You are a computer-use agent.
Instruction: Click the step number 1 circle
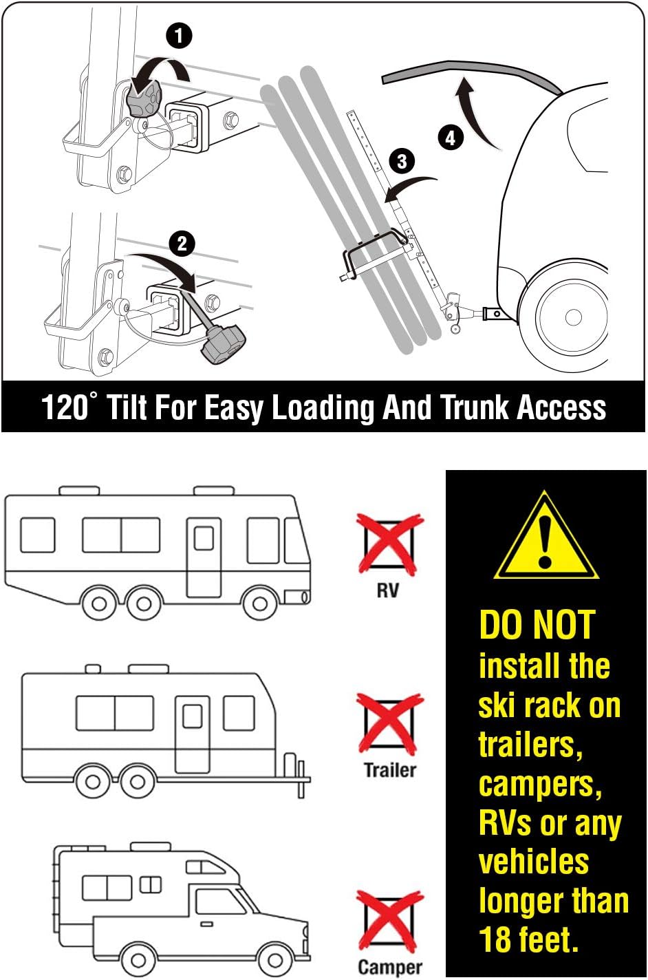(x=179, y=35)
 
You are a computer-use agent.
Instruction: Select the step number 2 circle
(x=182, y=244)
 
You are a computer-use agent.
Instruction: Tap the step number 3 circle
(x=402, y=162)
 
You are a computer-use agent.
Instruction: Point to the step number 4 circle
(x=450, y=138)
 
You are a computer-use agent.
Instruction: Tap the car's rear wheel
(x=572, y=317)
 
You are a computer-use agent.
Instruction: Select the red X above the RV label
(x=389, y=544)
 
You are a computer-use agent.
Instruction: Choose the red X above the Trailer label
(x=389, y=725)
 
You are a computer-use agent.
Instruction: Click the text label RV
(x=387, y=590)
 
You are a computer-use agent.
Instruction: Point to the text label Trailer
(x=389, y=769)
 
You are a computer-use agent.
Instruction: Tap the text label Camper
(x=389, y=967)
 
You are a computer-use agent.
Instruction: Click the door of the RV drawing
(x=204, y=557)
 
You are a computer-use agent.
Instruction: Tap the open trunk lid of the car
(x=468, y=69)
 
